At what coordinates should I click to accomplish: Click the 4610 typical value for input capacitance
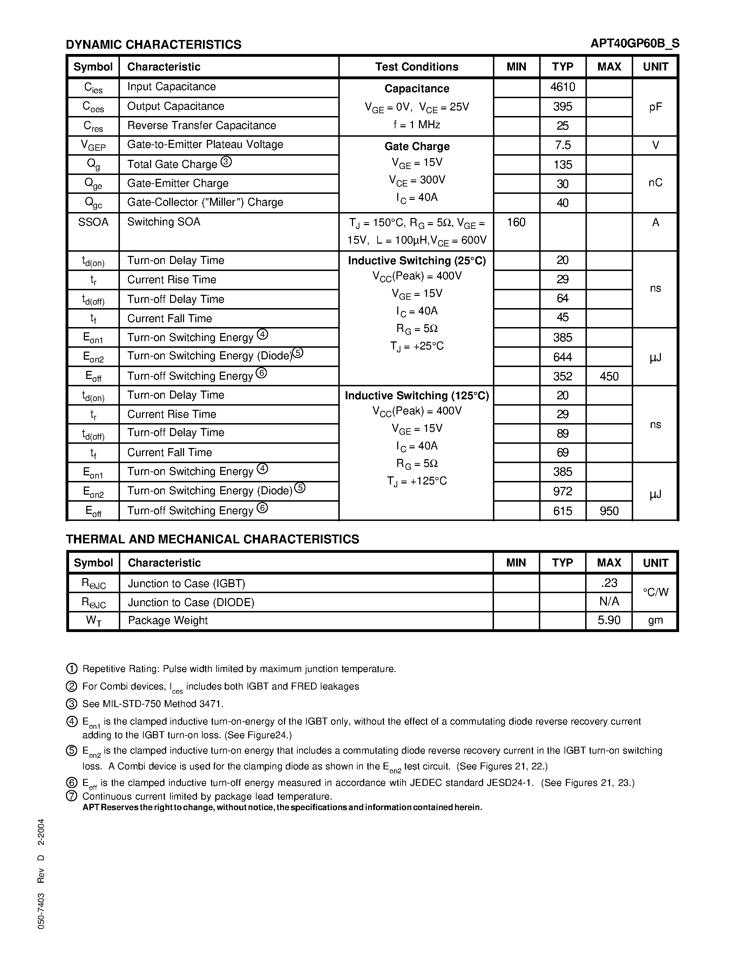tap(562, 87)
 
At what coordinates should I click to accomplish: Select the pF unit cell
tap(655, 107)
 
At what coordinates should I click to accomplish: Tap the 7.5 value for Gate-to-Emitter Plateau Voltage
tap(562, 145)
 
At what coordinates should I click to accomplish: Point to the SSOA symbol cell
tap(93, 222)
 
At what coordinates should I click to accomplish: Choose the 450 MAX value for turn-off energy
tap(609, 376)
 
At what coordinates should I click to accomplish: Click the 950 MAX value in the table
tap(609, 511)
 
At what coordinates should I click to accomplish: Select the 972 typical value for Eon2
tap(562, 491)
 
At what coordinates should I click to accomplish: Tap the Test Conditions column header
tap(416, 67)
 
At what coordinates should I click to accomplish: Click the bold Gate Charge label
tap(416, 146)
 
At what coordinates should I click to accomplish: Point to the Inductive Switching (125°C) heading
tap(416, 395)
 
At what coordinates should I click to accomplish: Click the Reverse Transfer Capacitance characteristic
tap(201, 125)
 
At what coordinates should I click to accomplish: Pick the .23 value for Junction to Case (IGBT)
tap(609, 583)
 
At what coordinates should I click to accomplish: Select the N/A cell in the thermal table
tap(609, 602)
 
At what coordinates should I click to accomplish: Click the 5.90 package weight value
tap(609, 620)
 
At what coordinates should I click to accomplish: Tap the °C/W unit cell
tap(655, 592)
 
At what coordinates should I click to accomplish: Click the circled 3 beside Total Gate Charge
tap(226, 162)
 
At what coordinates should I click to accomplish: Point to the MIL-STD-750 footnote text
tap(153, 704)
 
